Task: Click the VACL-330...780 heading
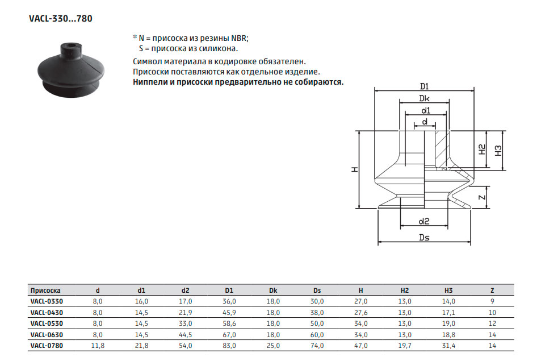(61, 19)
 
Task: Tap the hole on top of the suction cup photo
(72, 45)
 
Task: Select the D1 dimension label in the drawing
(425, 86)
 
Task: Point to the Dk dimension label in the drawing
(425, 98)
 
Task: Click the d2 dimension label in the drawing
(424, 221)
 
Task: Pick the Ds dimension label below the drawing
(425, 237)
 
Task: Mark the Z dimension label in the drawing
(482, 197)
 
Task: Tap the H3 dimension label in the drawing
(498, 151)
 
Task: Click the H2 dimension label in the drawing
(482, 150)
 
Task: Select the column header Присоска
(45, 291)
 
